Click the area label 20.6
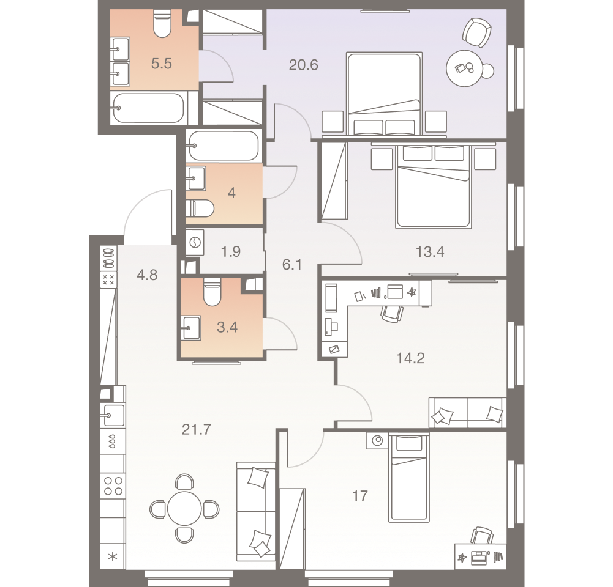304,64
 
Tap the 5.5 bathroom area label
161,64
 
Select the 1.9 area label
230,251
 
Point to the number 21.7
196,430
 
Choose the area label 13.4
429,251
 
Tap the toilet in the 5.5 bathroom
162,24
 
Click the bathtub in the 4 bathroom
224,146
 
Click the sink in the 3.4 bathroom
191,327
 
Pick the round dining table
185,508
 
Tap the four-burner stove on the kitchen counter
113,485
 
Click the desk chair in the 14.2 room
392,312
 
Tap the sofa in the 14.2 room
467,413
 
